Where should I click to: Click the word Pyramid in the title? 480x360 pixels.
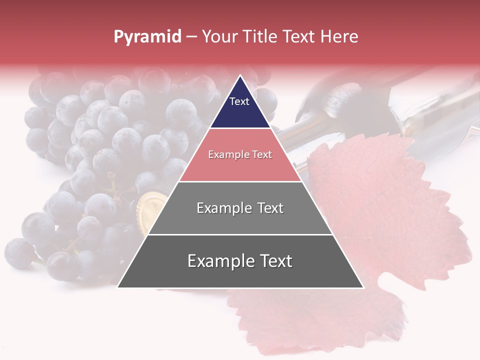click(x=147, y=37)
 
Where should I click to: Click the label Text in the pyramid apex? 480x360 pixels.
click(x=239, y=101)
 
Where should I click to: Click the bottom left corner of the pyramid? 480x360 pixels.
click(x=118, y=287)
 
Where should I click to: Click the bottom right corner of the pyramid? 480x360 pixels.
click(x=363, y=287)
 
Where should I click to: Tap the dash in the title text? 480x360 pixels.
click(x=191, y=37)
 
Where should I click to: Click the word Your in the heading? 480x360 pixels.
click(x=218, y=37)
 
